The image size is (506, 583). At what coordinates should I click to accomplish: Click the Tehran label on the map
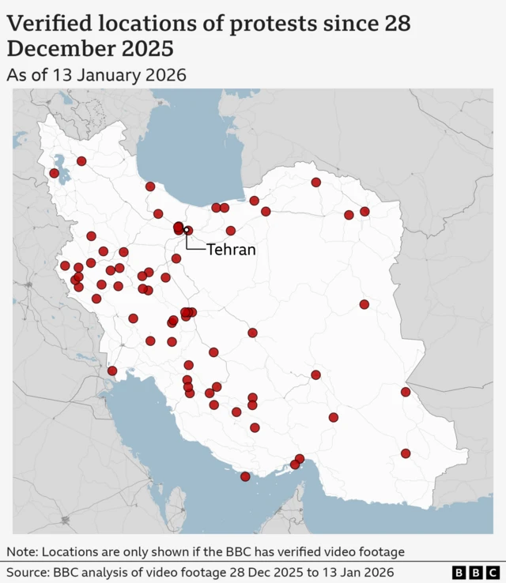[x=231, y=250]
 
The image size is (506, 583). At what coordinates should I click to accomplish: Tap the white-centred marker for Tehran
[x=187, y=231]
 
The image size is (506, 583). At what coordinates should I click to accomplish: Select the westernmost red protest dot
[x=54, y=173]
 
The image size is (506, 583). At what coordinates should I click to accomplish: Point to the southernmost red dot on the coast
[x=245, y=476]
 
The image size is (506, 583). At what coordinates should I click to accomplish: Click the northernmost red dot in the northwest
[x=81, y=161]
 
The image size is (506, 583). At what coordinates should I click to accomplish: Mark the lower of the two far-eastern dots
[x=406, y=453]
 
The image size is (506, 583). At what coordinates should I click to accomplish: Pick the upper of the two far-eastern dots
[x=406, y=392]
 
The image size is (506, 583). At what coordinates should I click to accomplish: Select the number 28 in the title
[x=397, y=24]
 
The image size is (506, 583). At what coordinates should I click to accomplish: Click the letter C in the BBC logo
[x=492, y=572]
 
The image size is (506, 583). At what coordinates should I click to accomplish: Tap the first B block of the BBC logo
[x=459, y=572]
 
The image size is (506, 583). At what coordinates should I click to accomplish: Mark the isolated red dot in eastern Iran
[x=364, y=304]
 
